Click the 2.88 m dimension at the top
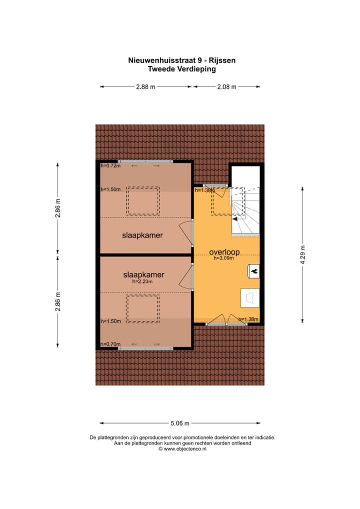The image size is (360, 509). (x=145, y=87)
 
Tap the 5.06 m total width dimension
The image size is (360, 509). (x=180, y=423)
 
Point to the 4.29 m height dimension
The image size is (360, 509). (x=302, y=255)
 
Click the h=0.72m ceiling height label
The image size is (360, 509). (x=110, y=165)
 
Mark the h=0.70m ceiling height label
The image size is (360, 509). (x=110, y=344)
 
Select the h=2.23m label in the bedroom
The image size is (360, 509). (x=142, y=281)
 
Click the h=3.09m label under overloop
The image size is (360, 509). (x=223, y=258)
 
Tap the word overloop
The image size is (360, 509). (x=225, y=252)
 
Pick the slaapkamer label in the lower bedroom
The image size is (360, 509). (x=143, y=274)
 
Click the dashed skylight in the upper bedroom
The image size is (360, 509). (x=143, y=200)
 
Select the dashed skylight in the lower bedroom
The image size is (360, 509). (x=142, y=309)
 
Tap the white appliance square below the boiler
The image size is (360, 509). (x=250, y=297)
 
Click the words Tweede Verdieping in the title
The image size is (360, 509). (x=182, y=69)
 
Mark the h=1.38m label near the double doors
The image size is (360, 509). (x=248, y=319)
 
